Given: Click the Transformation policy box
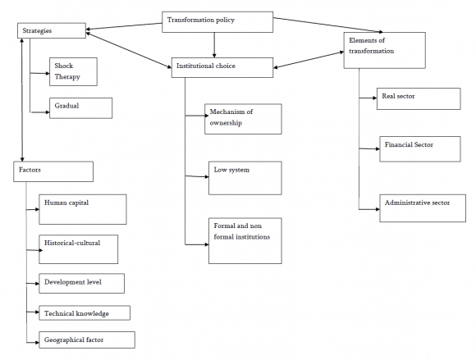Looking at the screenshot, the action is tap(217, 22).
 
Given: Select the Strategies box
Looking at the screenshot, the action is tap(52, 30).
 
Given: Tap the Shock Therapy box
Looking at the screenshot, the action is tap(74, 72).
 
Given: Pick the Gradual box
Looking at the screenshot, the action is tap(80, 108).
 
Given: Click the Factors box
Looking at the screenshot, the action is tap(53, 171).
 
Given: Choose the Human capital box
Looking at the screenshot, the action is tap(83, 210).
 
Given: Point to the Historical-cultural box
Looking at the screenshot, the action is tap(78, 249).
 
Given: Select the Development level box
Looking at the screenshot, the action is tap(82, 283).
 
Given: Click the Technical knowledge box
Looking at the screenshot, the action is tap(85, 313).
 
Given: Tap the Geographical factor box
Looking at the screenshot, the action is tap(87, 340).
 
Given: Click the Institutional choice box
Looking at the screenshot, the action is tap(222, 67).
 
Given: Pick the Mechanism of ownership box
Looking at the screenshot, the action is tap(243, 119).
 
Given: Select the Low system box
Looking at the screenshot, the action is tap(245, 178).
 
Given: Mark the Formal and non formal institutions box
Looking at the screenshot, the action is tap(245, 241).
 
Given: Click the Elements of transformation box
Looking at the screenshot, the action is tap(385, 50).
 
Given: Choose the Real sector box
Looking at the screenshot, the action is tap(419, 99).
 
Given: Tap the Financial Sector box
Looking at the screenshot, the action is tap(420, 149).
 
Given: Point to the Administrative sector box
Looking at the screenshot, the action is tap(423, 208).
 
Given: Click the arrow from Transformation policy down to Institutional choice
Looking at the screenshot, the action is tap(214, 45).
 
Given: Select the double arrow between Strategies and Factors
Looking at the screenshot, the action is tap(22, 100).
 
